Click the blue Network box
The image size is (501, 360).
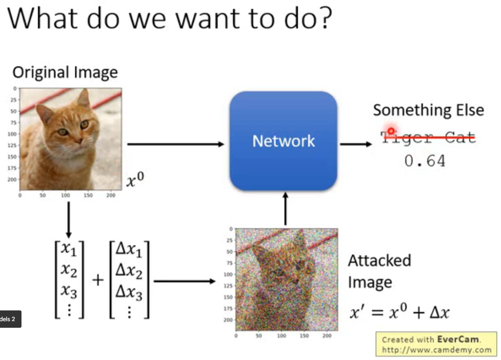[x=284, y=141]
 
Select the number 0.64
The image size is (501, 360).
[x=425, y=161]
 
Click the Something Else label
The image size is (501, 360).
[x=428, y=110]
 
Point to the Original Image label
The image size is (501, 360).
[x=65, y=72]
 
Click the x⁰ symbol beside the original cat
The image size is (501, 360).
[x=136, y=181]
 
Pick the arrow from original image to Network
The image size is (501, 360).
[x=176, y=144]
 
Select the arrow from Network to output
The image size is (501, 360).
[x=356, y=144]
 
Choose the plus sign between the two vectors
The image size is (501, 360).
[x=98, y=281]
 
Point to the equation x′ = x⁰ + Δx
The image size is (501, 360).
[x=399, y=312]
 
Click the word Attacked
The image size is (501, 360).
[x=379, y=261]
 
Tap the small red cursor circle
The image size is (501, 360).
[x=391, y=131]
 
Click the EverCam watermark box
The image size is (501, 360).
[x=436, y=344]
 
